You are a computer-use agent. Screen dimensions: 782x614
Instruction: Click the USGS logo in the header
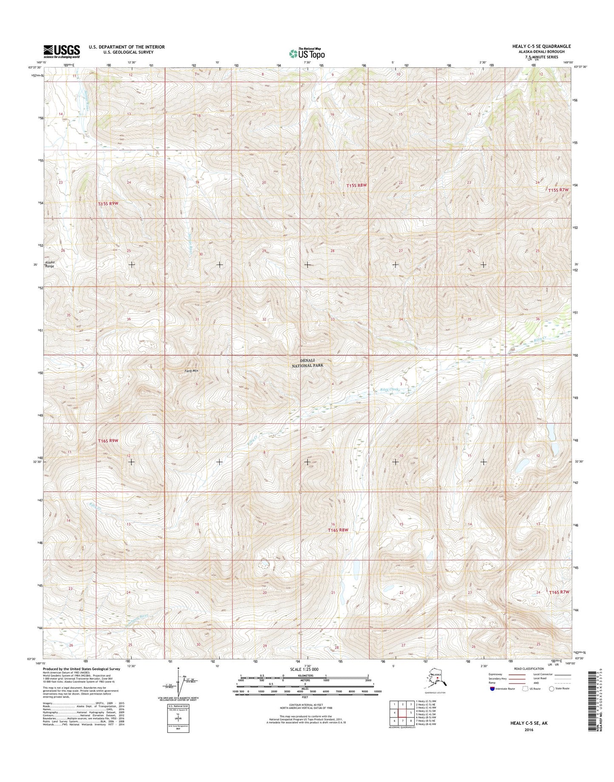pyautogui.click(x=61, y=51)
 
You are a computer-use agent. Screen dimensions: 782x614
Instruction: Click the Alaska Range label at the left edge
pyautogui.click(x=50, y=264)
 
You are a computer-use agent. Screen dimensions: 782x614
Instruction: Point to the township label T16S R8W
pyautogui.click(x=338, y=530)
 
